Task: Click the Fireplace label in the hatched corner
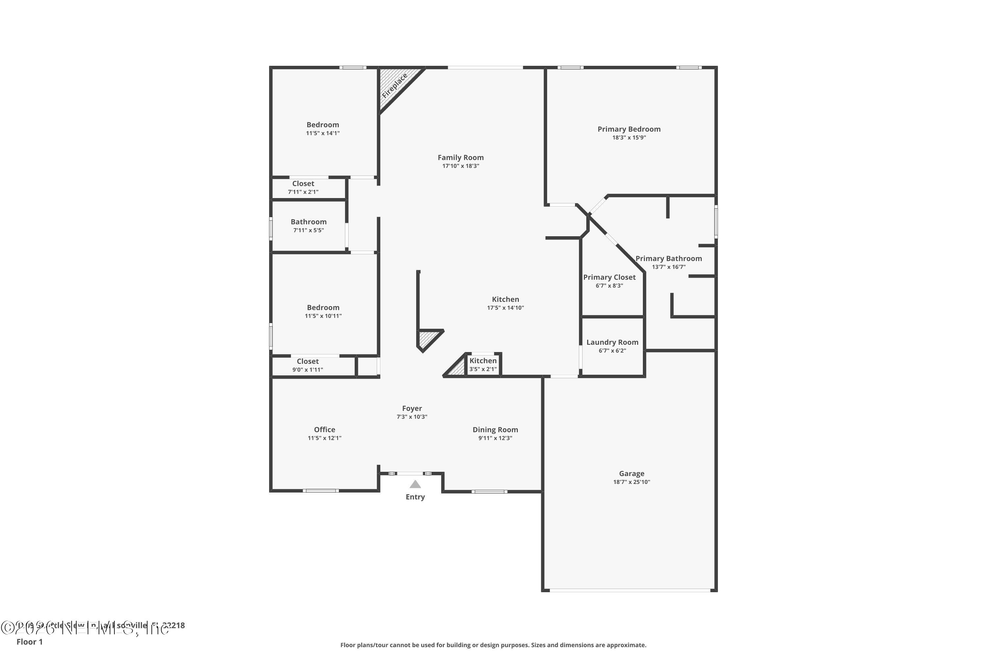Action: pos(394,86)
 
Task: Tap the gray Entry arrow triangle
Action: pos(415,484)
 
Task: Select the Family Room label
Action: pos(460,157)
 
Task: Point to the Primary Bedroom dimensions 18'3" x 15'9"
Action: pos(629,138)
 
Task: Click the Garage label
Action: pos(631,473)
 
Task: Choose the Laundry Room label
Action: pos(612,342)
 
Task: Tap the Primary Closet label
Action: pos(609,277)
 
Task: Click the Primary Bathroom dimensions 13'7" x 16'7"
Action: pos(669,267)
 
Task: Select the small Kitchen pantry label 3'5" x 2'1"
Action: pos(483,369)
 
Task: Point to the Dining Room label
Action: pos(495,429)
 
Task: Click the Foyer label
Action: pos(412,408)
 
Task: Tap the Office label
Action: pos(324,429)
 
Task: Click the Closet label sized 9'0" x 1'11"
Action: pos(308,361)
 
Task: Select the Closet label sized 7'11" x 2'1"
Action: pos(303,183)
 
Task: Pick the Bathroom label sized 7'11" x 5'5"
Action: pos(309,221)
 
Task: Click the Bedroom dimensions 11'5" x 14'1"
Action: pos(323,134)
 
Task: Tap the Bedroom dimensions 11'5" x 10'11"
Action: pos(323,316)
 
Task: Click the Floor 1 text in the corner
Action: pos(29,642)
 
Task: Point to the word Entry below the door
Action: pos(415,497)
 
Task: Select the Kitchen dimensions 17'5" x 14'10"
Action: pos(505,308)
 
